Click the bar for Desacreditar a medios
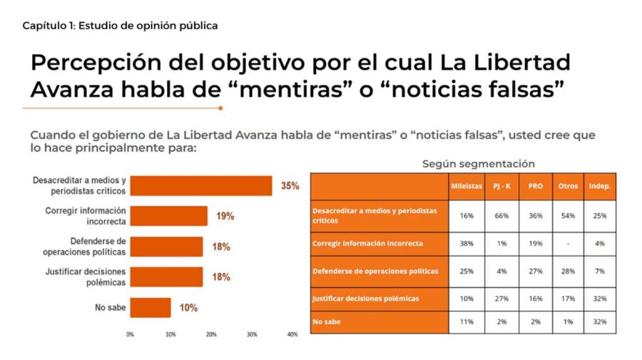[202, 185]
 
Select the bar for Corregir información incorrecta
[169, 216]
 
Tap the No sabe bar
[151, 308]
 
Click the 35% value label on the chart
[290, 186]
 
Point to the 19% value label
[225, 216]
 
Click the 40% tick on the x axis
[292, 334]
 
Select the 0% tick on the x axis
[130, 334]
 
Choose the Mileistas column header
[467, 186]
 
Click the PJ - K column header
[501, 186]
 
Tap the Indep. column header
[600, 186]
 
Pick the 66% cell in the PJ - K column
[501, 216]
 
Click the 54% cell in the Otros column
[568, 216]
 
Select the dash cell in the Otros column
[568, 243]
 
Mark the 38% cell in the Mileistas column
[467, 243]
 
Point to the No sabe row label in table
[327, 322]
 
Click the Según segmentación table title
[478, 163]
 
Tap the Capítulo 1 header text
[120, 26]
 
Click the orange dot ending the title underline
[220, 108]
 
